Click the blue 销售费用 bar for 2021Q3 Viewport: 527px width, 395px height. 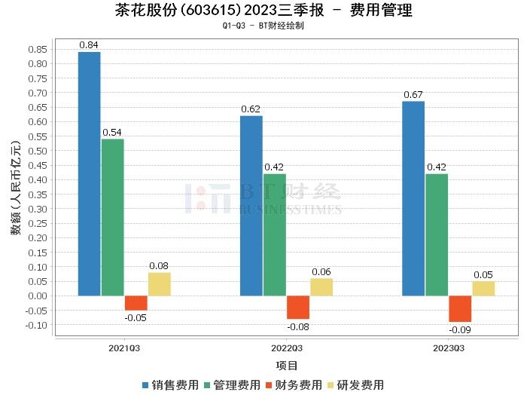pos(89,173)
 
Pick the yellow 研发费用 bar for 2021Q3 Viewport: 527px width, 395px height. pos(159,284)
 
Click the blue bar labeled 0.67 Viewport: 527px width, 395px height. pos(413,198)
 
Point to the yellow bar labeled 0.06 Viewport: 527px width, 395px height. pos(321,287)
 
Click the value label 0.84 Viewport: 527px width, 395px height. pos(89,45)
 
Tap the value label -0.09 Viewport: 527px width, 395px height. pos(459,330)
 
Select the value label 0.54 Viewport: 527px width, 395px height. pos(112,133)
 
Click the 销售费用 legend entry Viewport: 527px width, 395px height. pos(171,384)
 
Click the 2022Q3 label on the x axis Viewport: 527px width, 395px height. pos(286,348)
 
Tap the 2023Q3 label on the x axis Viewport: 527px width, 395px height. pos(448,348)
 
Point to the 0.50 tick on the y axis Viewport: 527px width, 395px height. pos(37,151)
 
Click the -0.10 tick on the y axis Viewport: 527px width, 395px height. pos(35,325)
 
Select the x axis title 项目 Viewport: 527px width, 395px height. pos(286,366)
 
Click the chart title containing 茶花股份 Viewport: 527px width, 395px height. pos(263,11)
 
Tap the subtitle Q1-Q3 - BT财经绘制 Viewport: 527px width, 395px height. pos(263,26)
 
